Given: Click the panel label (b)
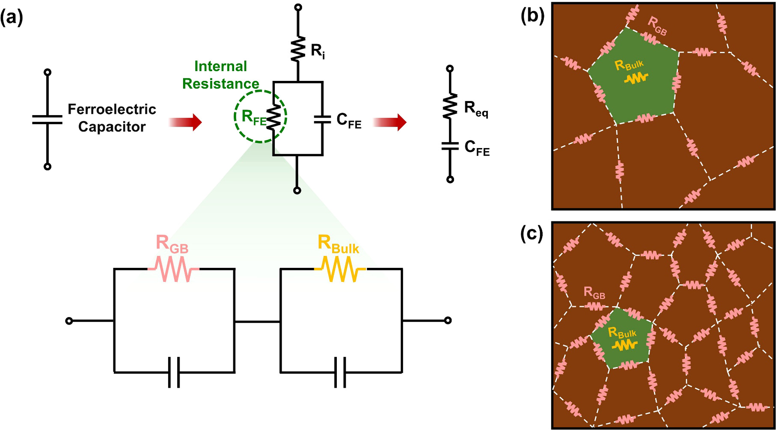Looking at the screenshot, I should [x=532, y=16].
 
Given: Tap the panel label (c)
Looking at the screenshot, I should [x=532, y=234].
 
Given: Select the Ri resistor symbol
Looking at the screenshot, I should [x=298, y=49].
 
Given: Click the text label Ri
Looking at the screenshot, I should [x=318, y=51].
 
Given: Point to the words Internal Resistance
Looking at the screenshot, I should [x=221, y=75].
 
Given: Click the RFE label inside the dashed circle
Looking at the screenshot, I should [x=253, y=117].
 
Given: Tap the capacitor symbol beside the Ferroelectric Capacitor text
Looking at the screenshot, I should [x=48, y=119].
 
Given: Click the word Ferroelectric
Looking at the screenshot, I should [x=112, y=109].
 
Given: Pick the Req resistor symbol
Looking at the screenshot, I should [x=450, y=106].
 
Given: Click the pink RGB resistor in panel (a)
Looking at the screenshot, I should [x=174, y=269].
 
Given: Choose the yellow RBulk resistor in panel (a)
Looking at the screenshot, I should [x=340, y=269].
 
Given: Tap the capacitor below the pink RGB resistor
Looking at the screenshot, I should [x=174, y=372].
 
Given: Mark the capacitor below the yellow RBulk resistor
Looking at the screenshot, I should [x=340, y=372].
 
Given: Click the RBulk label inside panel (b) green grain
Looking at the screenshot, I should [x=629, y=65].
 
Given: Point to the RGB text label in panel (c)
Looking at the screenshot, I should [x=594, y=293].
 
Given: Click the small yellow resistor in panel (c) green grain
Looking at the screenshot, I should [x=624, y=345].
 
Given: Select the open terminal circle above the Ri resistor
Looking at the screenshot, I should [x=298, y=7].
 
